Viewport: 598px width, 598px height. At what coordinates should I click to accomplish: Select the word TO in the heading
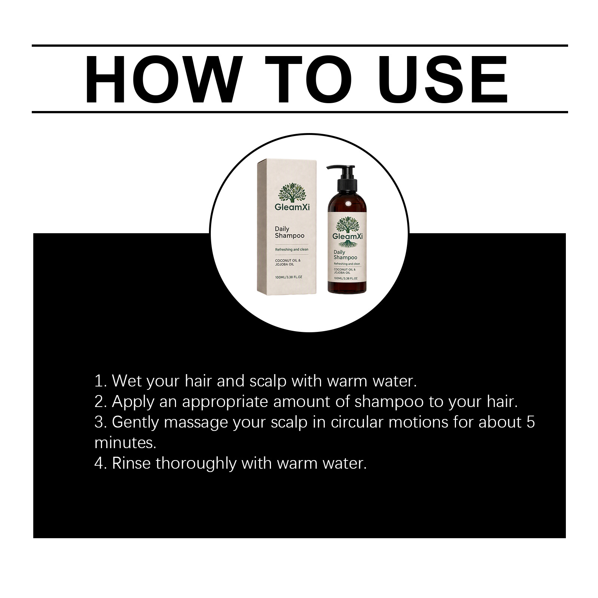click(309, 79)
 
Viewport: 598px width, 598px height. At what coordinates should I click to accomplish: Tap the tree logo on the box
click(292, 192)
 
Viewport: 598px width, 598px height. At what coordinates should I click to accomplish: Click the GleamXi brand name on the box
click(292, 207)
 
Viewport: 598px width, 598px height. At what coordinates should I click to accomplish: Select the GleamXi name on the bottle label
click(348, 237)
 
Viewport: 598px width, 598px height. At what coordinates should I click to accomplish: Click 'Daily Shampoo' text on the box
click(289, 232)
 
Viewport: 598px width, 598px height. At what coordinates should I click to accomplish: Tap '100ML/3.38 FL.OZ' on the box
click(288, 277)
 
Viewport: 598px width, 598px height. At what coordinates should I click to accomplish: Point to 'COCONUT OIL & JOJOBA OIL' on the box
click(287, 262)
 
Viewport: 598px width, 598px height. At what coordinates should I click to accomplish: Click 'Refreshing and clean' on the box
click(292, 249)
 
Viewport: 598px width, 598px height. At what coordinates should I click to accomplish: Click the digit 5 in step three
click(531, 422)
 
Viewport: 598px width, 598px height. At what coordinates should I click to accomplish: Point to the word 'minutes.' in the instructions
click(125, 443)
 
